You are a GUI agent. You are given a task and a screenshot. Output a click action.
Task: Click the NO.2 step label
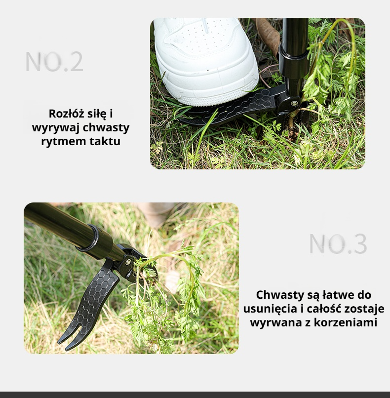(54, 62)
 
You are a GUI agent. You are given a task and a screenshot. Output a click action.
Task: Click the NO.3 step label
(338, 243)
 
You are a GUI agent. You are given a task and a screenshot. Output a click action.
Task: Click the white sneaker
(205, 61)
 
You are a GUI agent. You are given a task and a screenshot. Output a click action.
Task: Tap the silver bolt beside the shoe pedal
(294, 103)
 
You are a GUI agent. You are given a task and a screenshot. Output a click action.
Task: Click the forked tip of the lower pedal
(66, 338)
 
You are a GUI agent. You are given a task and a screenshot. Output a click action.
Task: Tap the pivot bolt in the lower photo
(128, 261)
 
